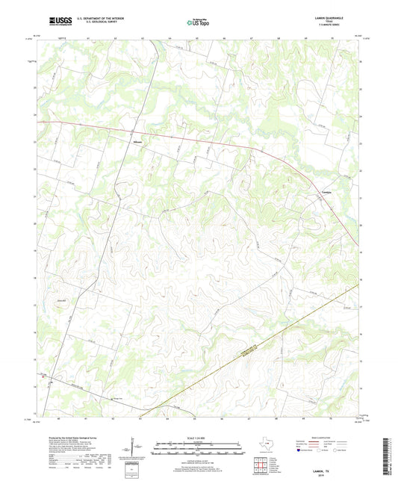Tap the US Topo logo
point(198,22)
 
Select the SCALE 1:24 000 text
point(199,436)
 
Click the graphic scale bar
point(199,448)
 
